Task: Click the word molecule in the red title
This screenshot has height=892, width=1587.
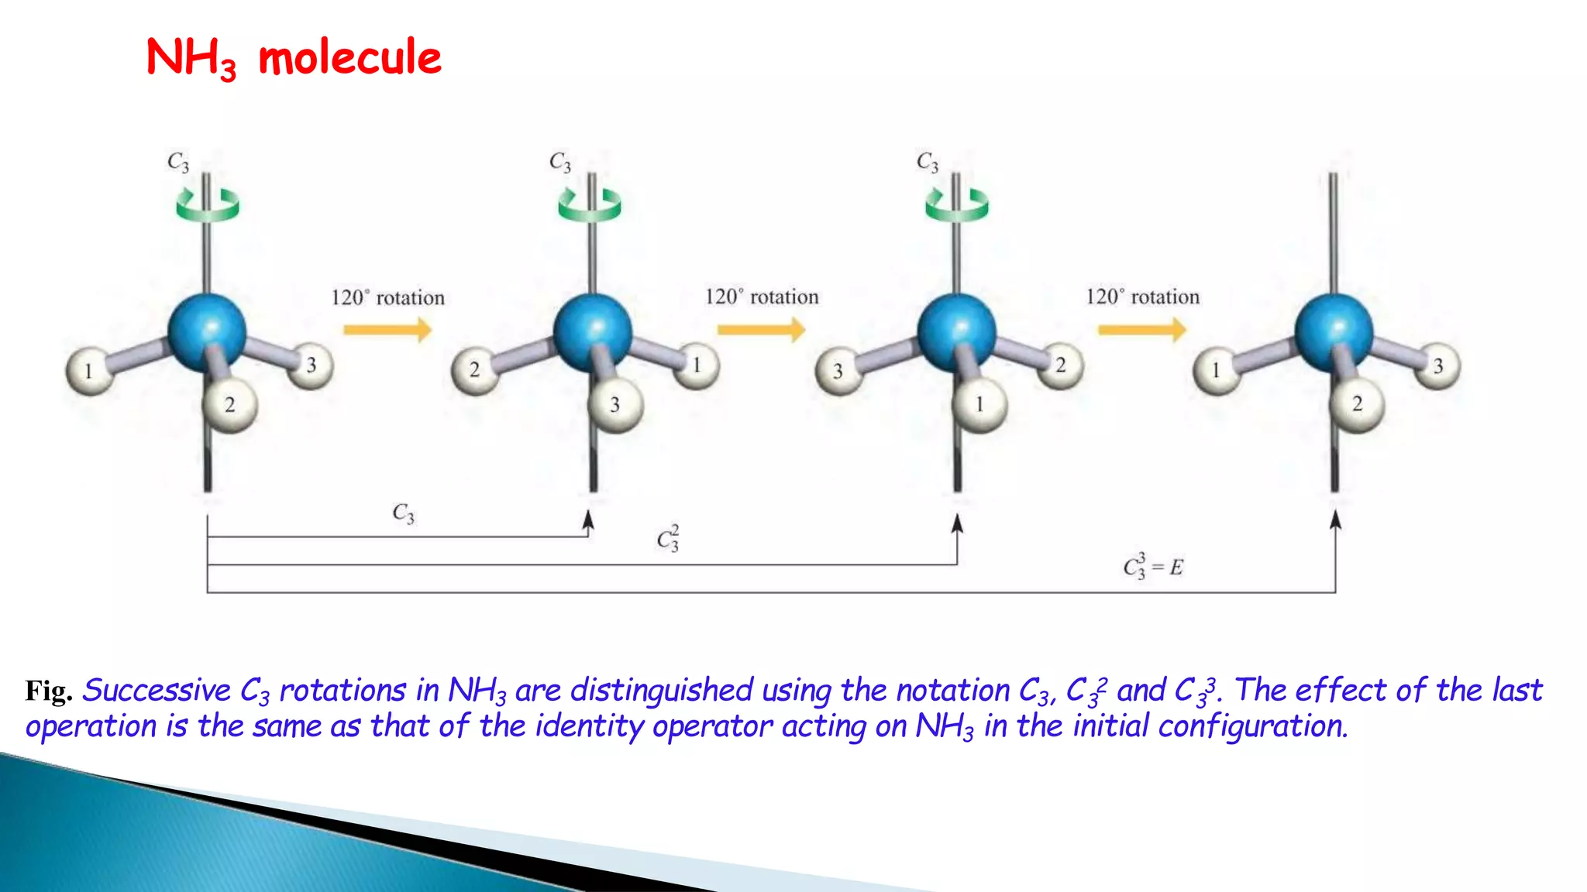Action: point(349,58)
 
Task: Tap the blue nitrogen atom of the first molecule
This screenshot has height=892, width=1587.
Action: point(207,332)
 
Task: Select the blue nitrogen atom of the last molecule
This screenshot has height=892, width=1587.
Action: point(1334,332)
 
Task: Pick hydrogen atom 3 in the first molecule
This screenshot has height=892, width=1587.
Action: point(311,365)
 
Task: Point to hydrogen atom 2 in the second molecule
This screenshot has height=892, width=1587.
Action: point(474,369)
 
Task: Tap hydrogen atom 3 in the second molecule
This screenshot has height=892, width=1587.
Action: point(615,404)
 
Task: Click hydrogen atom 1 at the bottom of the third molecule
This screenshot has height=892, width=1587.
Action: point(979,404)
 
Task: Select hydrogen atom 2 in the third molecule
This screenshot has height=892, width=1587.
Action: point(1060,365)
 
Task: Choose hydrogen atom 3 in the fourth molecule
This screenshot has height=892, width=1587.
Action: point(1438,365)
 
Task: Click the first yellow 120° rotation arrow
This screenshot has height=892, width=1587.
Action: point(387,330)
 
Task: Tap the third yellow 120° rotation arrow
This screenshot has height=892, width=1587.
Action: point(1141,330)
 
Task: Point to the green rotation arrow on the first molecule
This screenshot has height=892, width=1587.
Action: point(207,206)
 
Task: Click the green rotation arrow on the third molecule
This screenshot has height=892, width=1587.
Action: point(956,205)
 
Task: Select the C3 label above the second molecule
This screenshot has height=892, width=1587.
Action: point(559,162)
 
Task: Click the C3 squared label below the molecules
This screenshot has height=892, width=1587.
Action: point(668,538)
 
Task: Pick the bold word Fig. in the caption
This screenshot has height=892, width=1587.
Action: point(48,691)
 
